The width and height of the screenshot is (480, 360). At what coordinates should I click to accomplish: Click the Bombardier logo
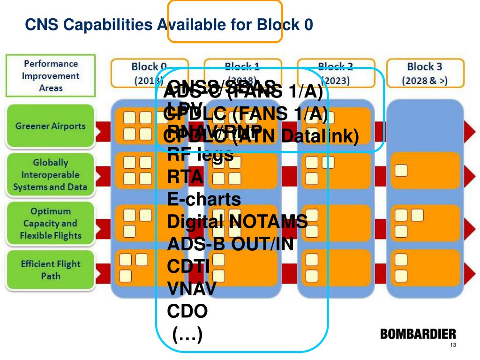pyautogui.click(x=418, y=334)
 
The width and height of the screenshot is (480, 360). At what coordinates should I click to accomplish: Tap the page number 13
pyautogui.click(x=452, y=346)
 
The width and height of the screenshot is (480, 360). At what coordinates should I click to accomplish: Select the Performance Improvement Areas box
pyautogui.click(x=51, y=75)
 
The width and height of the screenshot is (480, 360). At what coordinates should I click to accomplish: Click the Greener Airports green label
pyautogui.click(x=50, y=126)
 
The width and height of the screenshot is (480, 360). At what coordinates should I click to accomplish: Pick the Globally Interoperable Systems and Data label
pyautogui.click(x=50, y=175)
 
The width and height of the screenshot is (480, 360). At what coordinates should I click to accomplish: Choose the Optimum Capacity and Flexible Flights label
pyautogui.click(x=50, y=224)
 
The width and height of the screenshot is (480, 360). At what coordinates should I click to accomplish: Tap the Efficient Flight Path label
pyautogui.click(x=50, y=270)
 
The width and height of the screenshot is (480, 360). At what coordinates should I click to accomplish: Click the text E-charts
pyautogui.click(x=204, y=199)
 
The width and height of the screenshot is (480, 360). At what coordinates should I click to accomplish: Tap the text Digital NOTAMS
pyautogui.click(x=237, y=221)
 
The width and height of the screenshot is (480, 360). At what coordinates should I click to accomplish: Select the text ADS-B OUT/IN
pyautogui.click(x=230, y=244)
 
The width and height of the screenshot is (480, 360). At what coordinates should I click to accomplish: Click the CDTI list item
pyautogui.click(x=188, y=266)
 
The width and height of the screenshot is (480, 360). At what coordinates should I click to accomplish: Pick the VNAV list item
pyautogui.click(x=192, y=289)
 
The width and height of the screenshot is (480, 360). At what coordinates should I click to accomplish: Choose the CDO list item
pyautogui.click(x=187, y=311)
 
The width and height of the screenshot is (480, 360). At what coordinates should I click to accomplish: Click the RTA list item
pyautogui.click(x=186, y=177)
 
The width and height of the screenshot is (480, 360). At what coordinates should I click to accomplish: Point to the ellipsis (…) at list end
pyautogui.click(x=187, y=334)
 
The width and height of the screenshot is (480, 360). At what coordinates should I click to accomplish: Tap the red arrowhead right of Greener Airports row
pyautogui.click(x=469, y=127)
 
